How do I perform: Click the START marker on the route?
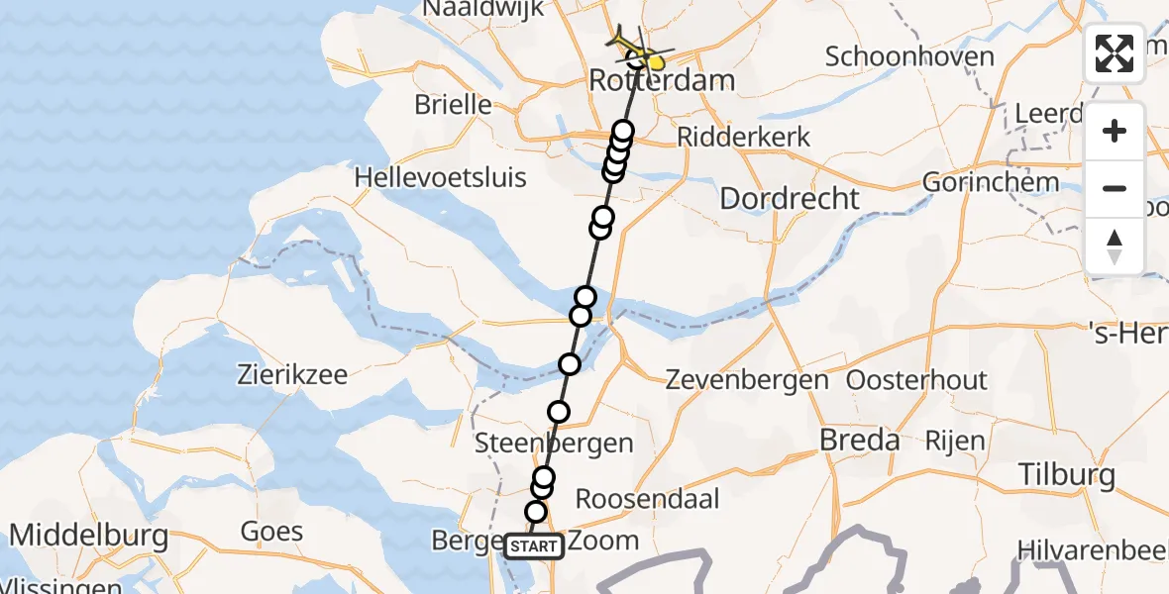534,545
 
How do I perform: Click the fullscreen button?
1115,53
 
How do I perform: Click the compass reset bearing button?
1115,246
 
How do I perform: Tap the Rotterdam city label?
662,80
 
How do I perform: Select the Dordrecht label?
790,198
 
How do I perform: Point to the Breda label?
860,440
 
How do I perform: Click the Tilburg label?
1066,475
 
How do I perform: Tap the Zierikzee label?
292,375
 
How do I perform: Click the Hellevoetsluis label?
441,178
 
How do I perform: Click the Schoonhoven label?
909,56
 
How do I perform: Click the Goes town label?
271,532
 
